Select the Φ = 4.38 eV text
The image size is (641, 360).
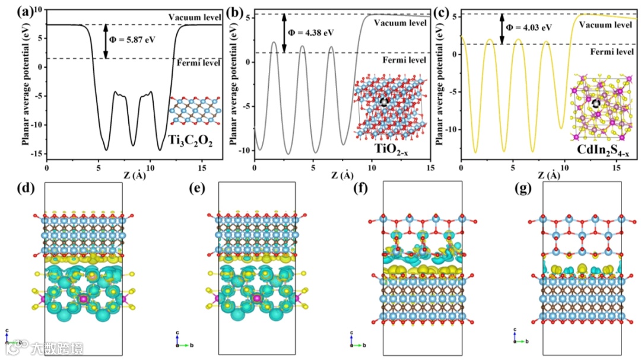coord(312,33)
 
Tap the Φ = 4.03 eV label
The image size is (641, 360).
coord(528,27)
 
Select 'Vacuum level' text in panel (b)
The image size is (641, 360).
coord(401,23)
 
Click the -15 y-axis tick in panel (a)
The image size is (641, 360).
coord(39,154)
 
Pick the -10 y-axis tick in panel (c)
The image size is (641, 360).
coord(452,129)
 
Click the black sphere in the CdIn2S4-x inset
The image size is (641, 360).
coord(596,103)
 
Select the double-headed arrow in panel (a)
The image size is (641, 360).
coord(106,41)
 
